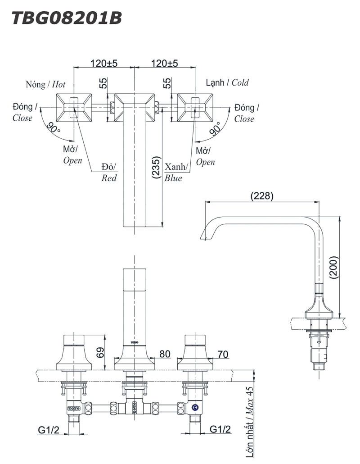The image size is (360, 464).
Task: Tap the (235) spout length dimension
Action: coord(155,168)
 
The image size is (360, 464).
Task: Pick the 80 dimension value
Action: coord(164,354)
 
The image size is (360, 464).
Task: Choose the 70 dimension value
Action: coord(222,354)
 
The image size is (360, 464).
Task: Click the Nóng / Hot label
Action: coord(45,84)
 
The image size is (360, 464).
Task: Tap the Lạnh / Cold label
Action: coord(227,83)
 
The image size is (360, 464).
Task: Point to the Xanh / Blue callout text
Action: coord(174,172)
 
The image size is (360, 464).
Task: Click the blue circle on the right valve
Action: coord(195,408)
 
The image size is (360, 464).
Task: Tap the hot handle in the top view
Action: coord(74,107)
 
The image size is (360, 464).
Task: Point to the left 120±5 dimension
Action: coord(103,64)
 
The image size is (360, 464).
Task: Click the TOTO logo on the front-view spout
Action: coord(135,343)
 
